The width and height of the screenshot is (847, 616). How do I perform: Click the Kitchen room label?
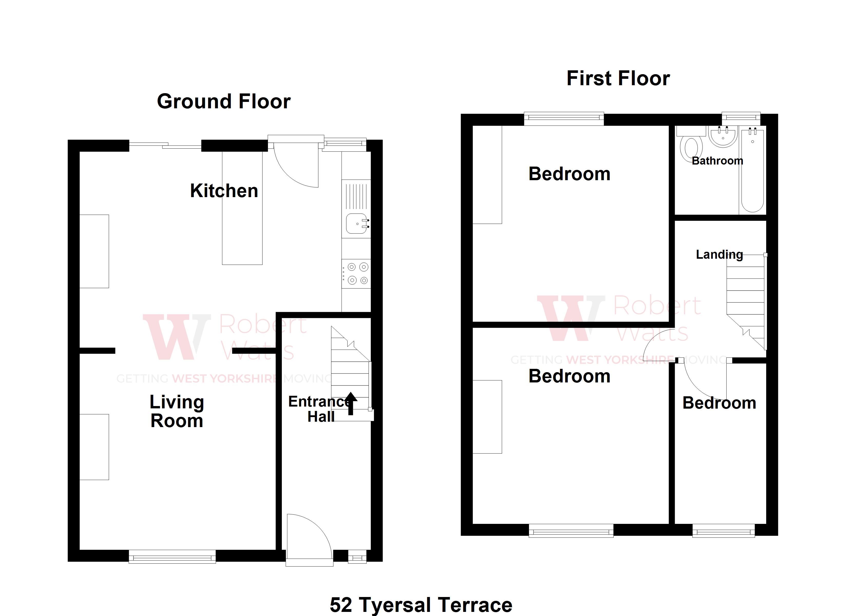tap(224, 191)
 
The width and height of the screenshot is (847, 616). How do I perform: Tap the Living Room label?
tap(177, 411)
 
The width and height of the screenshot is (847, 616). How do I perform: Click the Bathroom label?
tap(717, 161)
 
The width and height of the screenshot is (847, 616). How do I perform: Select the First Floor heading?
tap(618, 79)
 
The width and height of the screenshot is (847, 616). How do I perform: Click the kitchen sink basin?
tap(356, 223)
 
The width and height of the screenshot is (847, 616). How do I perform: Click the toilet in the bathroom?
tap(690, 148)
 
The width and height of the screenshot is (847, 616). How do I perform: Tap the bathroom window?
tap(741, 118)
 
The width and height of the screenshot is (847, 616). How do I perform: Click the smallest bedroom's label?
tap(719, 403)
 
